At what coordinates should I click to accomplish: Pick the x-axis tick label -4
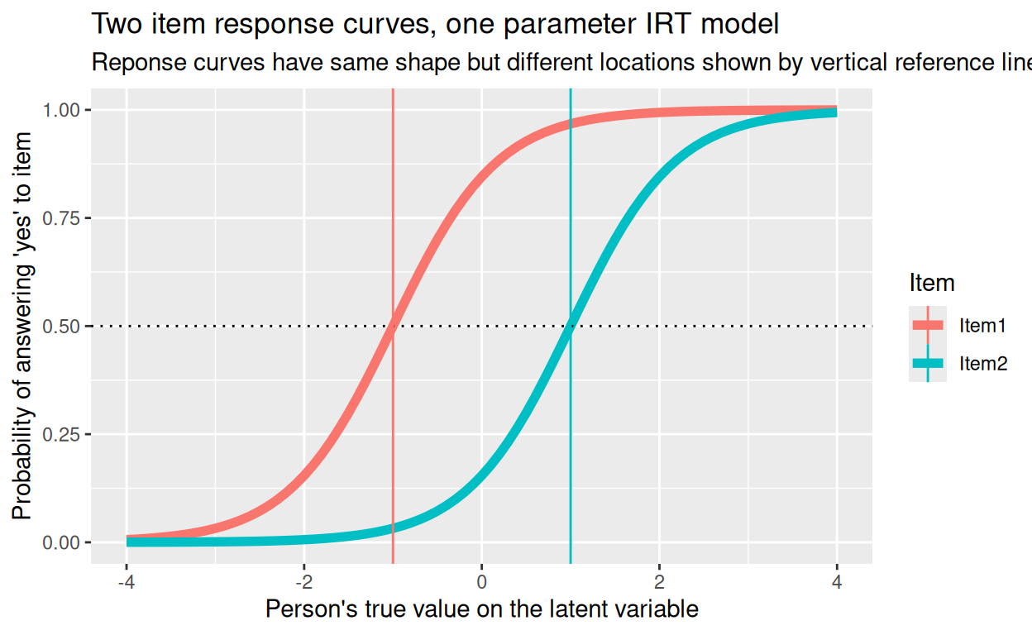point(126,582)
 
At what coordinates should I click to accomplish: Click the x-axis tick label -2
point(303,582)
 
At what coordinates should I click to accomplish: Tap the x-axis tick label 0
point(481,582)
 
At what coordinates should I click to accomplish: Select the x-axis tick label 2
point(659,582)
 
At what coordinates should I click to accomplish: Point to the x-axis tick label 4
point(837,582)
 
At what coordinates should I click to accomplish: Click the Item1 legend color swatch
point(928,326)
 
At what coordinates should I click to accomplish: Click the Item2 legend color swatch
point(928,363)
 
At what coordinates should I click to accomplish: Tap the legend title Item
point(932,284)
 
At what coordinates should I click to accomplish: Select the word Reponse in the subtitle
point(135,63)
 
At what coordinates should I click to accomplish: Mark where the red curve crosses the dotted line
point(392,327)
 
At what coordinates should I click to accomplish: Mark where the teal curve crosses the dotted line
point(571,327)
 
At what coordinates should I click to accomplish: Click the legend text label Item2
point(983,363)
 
